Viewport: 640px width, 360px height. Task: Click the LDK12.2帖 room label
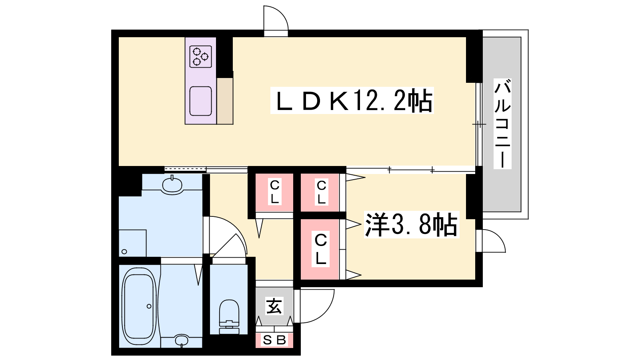tap(352, 100)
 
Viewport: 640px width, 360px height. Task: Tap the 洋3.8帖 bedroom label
tap(412, 225)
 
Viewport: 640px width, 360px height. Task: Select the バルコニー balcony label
tap(502, 124)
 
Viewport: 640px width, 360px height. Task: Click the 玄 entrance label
tap(274, 306)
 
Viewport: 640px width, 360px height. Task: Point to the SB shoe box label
tap(274, 340)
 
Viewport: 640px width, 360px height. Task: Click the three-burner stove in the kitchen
tap(200, 56)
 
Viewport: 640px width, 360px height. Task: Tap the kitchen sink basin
tap(200, 101)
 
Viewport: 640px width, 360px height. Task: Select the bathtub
tap(140, 306)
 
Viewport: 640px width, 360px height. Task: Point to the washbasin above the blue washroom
tap(172, 186)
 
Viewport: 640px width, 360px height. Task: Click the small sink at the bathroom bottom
tap(182, 340)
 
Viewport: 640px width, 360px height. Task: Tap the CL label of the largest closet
tap(320, 250)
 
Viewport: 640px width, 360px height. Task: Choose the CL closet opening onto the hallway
tap(274, 192)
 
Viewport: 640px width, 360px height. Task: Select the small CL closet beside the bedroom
tap(321, 192)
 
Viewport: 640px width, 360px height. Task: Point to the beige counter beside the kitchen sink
tap(225, 101)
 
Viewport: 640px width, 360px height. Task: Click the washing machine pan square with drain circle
tap(132, 243)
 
